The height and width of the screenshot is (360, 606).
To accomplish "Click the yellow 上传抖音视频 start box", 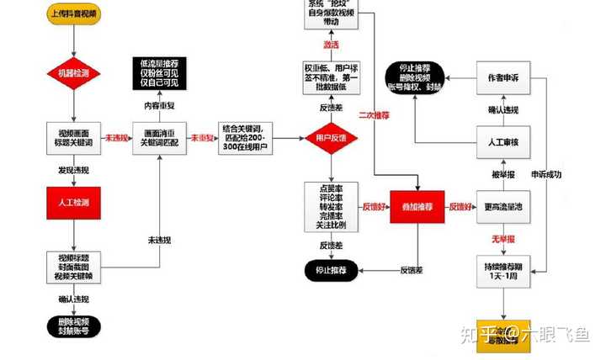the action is pos(74,15).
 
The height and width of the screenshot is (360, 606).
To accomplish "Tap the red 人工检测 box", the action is pos(74,203).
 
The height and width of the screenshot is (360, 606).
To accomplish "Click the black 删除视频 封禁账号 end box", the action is pos(74,325).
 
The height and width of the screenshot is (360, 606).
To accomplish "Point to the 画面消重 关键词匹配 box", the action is pos(159,138).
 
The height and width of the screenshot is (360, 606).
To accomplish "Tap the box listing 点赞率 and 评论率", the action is pos(331,206).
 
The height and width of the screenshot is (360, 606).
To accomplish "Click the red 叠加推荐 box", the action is pos(417,206).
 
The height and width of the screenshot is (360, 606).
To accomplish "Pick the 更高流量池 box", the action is pos(503,206).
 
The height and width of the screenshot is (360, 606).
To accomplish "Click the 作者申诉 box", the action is pos(503,77).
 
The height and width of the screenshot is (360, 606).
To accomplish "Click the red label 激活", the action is pos(331,44).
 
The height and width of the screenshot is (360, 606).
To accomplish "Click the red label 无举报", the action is pos(503,240).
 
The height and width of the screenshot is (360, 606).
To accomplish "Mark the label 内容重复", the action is pos(159,107).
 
